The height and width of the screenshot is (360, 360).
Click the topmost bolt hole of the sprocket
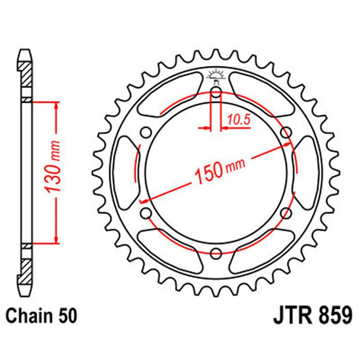[216, 92]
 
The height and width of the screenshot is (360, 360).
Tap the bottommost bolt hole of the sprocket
[216, 253]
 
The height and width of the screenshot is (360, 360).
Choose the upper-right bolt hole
[286, 133]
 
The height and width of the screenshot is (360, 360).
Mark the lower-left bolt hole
[146, 213]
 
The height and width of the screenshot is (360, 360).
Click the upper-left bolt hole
[146, 133]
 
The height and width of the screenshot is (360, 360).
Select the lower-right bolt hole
[286, 213]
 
